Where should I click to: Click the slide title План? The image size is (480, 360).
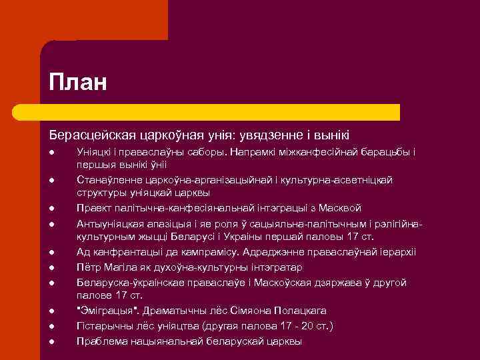pyautogui.click(x=77, y=83)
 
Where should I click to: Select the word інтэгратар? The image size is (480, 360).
pyautogui.click(x=273, y=267)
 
